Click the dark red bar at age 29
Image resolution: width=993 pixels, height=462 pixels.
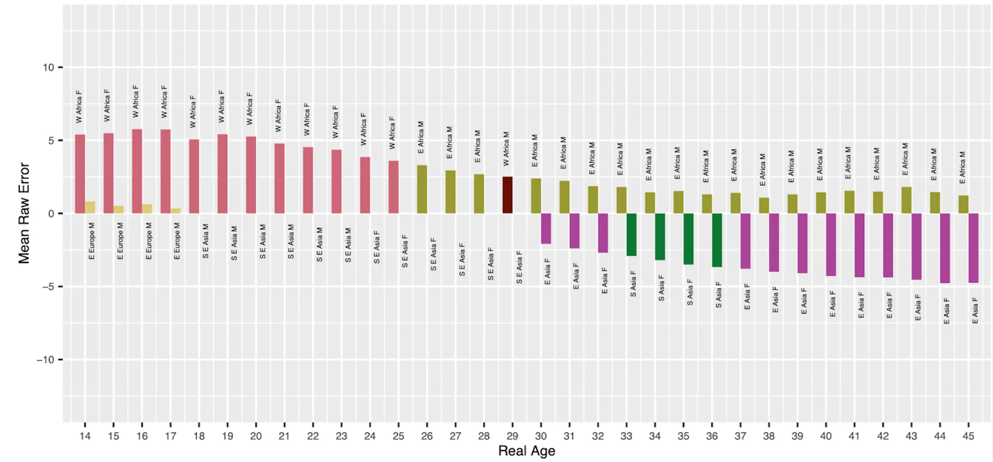507,195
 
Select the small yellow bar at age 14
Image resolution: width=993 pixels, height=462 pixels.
90,207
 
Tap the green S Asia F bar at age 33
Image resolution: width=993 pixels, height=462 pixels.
631,234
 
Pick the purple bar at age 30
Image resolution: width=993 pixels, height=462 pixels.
546,228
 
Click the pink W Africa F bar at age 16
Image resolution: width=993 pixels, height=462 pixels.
137,171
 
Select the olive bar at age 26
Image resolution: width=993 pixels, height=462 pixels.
422,189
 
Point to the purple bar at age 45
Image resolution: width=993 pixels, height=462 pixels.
973,248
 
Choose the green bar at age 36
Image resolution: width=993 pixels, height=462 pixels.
717,240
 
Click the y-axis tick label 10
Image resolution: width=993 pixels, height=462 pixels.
48,68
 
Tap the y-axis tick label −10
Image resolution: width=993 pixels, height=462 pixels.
46,360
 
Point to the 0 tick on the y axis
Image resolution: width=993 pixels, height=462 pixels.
51,213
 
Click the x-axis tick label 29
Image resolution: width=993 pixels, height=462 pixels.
512,436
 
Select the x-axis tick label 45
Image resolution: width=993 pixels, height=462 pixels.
968,436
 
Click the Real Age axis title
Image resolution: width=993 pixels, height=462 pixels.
526,451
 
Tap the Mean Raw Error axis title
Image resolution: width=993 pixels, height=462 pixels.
24,213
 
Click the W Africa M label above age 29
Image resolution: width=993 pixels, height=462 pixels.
506,148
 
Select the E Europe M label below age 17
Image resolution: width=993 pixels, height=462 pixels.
177,241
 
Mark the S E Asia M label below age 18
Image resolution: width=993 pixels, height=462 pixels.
206,241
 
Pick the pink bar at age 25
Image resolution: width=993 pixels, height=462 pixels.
394,187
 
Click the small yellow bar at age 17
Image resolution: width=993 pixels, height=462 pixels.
176,211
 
